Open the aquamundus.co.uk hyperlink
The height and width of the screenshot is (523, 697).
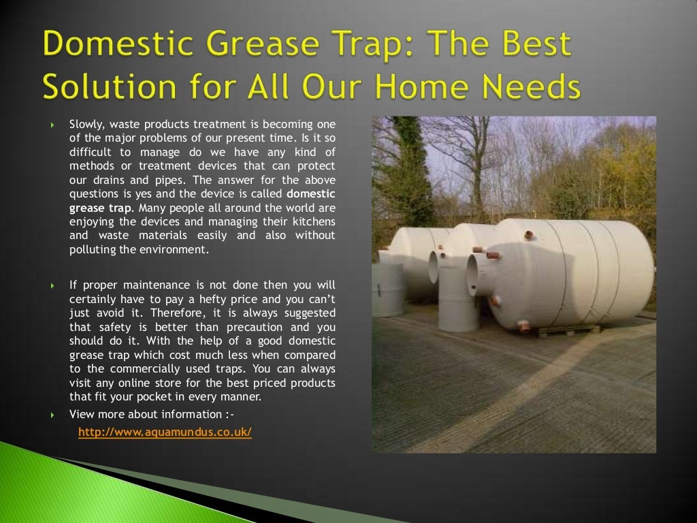tap(165, 432)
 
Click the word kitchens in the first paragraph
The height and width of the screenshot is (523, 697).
tap(314, 222)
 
